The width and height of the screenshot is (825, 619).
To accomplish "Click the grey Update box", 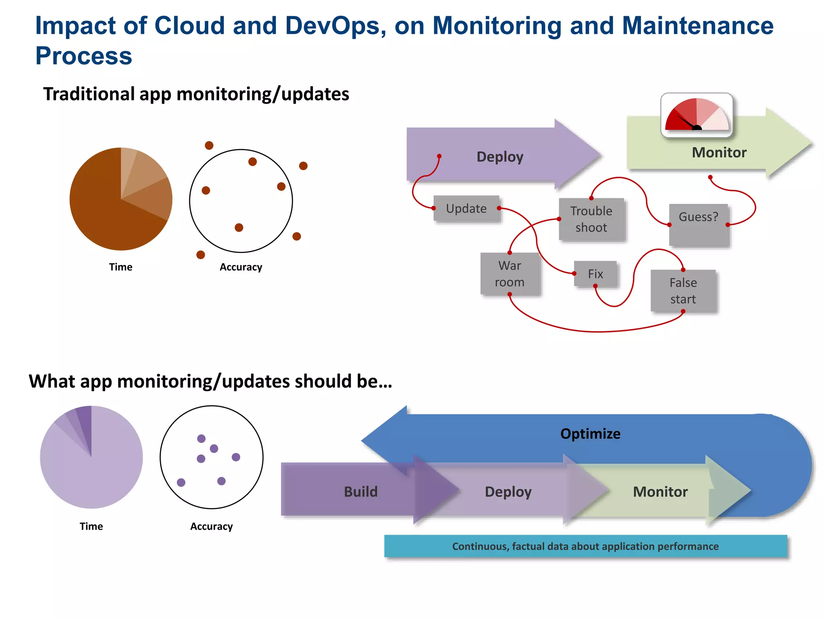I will pos(466,209).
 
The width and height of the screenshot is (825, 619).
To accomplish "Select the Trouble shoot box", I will pos(591,219).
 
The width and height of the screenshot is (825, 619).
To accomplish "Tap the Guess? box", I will pos(699,224).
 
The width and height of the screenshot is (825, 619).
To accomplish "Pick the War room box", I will pos(510,274).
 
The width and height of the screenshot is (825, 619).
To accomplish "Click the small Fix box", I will pos(595,274).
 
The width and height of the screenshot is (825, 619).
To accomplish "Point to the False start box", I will pos(683,291).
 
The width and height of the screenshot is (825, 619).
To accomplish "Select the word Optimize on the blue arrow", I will pos(590,434).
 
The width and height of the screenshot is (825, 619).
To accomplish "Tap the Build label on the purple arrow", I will pos(361,492).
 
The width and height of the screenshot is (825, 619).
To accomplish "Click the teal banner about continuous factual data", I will pos(585,546).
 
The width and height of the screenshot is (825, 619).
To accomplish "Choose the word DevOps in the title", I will pos(333,26).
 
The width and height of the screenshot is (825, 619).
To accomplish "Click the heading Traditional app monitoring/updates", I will pos(196,94).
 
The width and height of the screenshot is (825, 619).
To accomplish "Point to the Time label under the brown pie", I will pos(120,267).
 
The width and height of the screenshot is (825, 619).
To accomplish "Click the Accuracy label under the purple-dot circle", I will pos(211,526).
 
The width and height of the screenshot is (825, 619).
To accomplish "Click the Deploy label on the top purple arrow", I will pos(500,157).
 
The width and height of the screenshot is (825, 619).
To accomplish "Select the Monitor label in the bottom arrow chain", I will pos(660,492).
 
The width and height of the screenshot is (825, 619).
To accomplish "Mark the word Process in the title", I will pos(84,56).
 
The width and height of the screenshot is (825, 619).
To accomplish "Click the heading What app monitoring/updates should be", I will pos(210,381).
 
